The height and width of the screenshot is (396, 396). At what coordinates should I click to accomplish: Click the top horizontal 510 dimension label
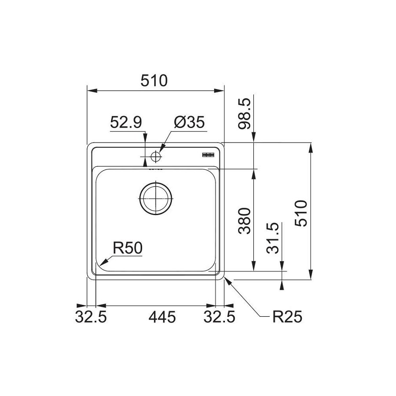(x=154, y=81)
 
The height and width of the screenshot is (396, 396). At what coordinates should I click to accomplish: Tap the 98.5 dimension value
(x=245, y=114)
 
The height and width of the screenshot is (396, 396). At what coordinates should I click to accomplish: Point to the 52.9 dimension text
(x=126, y=122)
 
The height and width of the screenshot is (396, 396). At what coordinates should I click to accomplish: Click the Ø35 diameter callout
(x=189, y=122)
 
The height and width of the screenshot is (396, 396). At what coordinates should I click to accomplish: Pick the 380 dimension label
(x=245, y=221)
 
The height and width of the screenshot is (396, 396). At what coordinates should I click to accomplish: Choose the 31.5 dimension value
(x=272, y=238)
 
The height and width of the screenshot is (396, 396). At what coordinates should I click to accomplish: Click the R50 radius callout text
(x=128, y=248)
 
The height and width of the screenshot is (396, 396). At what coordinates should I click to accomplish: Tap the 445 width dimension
(x=162, y=317)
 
